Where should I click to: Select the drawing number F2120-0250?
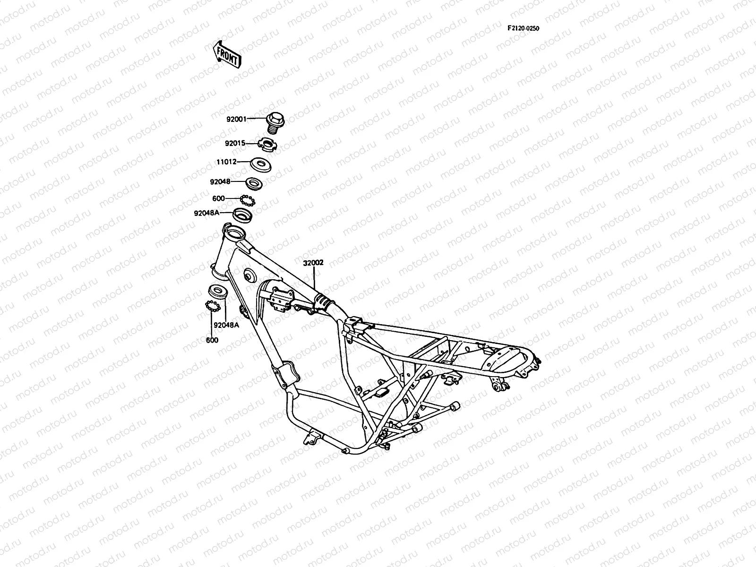click(524, 28)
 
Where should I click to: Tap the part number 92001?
click(236, 120)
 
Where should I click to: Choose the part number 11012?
click(226, 162)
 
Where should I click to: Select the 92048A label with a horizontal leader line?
click(206, 213)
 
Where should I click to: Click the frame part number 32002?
click(313, 263)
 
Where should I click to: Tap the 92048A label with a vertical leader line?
click(226, 325)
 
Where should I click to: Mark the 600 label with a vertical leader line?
click(212, 340)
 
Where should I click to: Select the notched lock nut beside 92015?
click(268, 143)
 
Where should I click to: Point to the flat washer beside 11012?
click(261, 164)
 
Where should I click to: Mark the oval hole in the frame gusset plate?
click(248, 275)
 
